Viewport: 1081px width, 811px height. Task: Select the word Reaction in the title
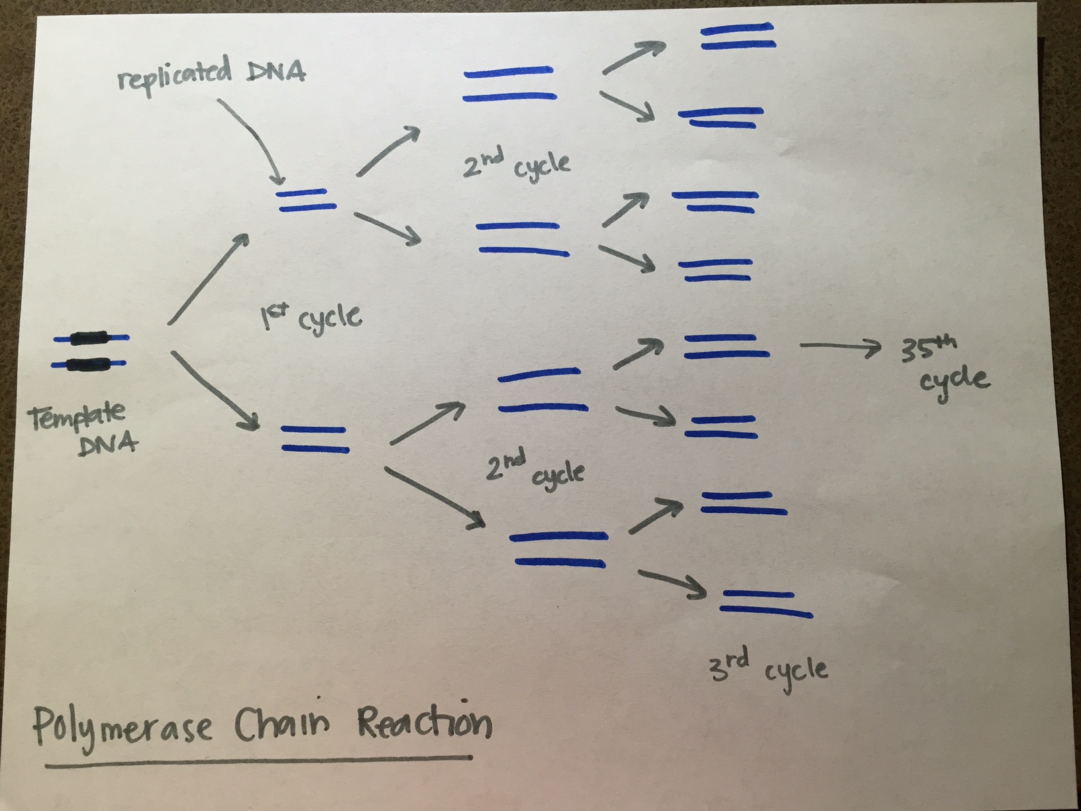pyautogui.click(x=424, y=722)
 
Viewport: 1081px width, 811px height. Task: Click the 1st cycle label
pyautogui.click(x=311, y=318)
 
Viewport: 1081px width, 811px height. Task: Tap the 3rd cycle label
pyautogui.click(x=768, y=669)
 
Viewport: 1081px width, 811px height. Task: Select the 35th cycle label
pyautogui.click(x=944, y=364)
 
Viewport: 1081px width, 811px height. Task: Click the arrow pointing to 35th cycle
pyautogui.click(x=841, y=346)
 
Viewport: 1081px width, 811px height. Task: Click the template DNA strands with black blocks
pyautogui.click(x=90, y=351)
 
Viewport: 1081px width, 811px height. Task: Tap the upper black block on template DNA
pyautogui.click(x=90, y=339)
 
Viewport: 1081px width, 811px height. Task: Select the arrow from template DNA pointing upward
pyautogui.click(x=209, y=278)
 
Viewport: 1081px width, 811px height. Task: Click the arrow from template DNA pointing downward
pyautogui.click(x=215, y=391)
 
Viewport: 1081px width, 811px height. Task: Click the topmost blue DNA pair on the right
pyautogui.click(x=737, y=36)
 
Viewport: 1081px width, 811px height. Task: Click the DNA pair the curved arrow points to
pyautogui.click(x=303, y=200)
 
